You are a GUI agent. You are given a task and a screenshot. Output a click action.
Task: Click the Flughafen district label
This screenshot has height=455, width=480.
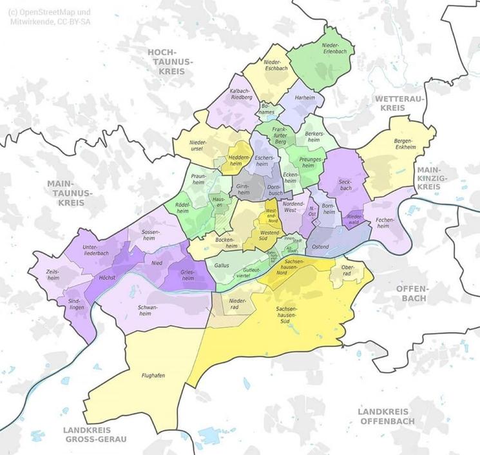coord(154,374)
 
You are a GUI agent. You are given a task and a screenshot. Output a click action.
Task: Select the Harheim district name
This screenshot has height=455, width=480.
coord(305,97)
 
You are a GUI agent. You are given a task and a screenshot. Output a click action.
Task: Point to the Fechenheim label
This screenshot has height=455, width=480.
coord(386,223)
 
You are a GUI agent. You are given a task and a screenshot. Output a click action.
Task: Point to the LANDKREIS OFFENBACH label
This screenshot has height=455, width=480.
coord(386,416)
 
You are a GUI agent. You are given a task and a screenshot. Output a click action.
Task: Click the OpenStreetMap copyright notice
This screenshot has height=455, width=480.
coord(50,16)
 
